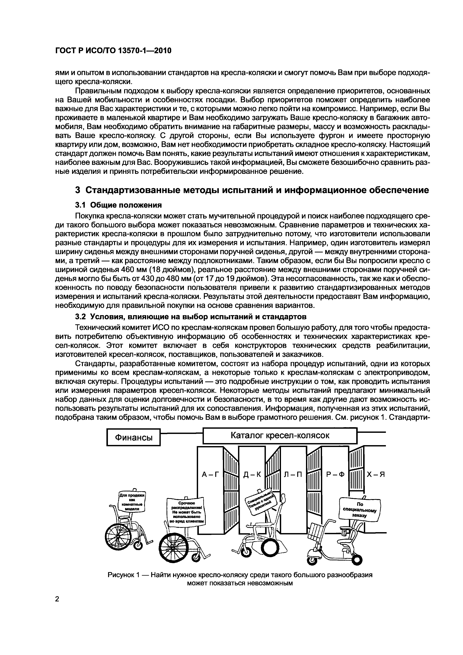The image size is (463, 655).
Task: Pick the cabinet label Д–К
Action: (x=252, y=474)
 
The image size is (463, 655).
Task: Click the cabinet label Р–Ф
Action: (x=335, y=474)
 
